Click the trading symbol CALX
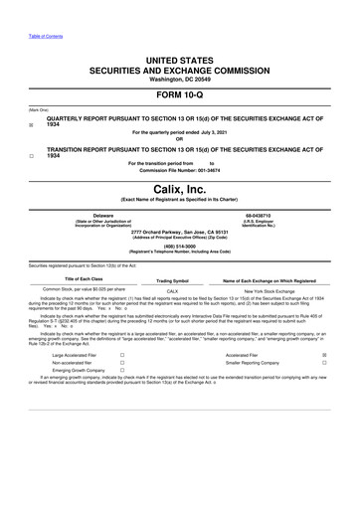[x=172, y=290]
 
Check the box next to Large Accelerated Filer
[x=121, y=383]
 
